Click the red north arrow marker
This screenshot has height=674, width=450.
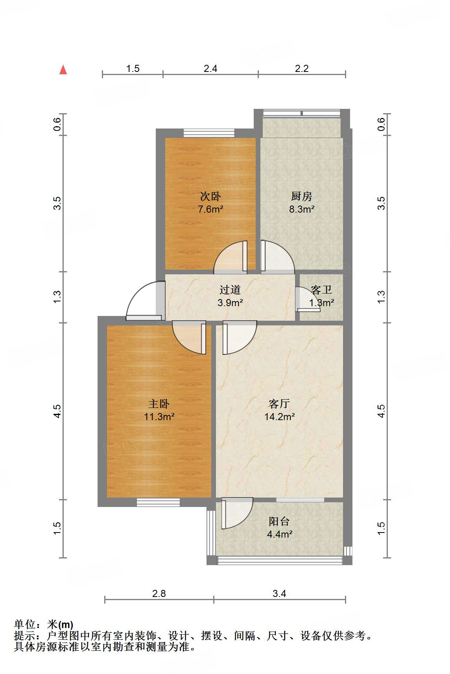63,70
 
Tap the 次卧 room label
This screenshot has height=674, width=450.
210,196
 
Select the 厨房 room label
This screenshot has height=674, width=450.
302,196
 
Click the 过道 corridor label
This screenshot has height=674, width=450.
230,290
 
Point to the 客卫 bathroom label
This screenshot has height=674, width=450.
321,290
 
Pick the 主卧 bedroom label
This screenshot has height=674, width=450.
159,404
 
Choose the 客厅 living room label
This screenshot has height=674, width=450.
279,404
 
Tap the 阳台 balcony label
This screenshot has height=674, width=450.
279,522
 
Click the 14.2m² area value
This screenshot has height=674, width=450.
279,417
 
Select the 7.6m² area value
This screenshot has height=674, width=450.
210,209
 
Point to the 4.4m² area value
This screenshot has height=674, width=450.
279,534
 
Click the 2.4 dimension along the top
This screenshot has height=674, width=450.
210,69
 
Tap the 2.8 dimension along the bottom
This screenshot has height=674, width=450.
159,593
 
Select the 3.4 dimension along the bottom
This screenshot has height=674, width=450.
279,593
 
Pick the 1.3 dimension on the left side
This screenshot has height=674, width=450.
57,297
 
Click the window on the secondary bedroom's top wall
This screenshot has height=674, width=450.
209,133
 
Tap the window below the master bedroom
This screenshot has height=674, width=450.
158,502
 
